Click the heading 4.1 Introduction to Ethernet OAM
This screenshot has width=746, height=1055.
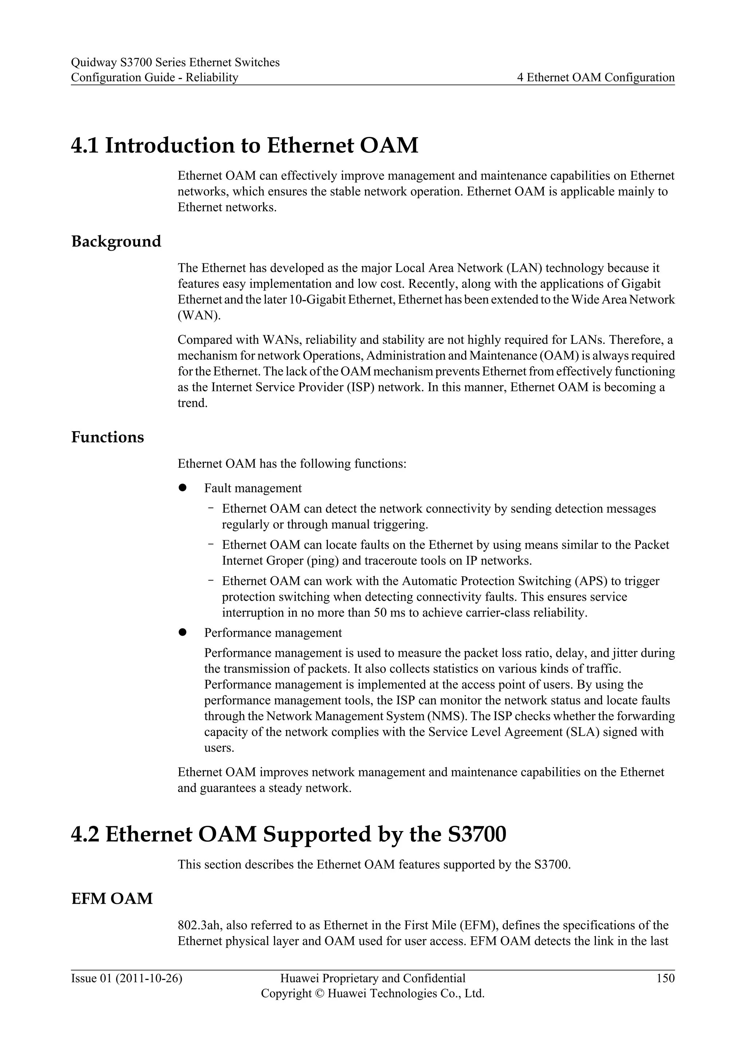[x=244, y=145]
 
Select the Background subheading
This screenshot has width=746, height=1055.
[x=116, y=241]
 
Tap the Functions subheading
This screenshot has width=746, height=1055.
[x=107, y=437]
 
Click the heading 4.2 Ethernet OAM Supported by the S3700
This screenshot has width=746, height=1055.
[x=288, y=834]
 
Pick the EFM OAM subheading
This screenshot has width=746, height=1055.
[x=112, y=899]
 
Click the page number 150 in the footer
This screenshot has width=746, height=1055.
[x=665, y=978]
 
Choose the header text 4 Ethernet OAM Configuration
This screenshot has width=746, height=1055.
[x=596, y=78]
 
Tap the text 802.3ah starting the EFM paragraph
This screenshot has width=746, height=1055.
[x=200, y=925]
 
